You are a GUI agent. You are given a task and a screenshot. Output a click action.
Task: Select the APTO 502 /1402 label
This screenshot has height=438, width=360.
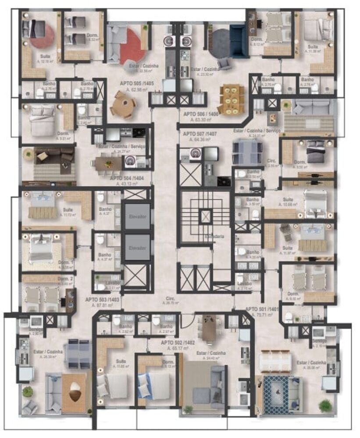tap(178, 343)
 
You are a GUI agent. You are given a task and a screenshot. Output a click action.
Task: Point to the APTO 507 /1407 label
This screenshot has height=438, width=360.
tap(197, 134)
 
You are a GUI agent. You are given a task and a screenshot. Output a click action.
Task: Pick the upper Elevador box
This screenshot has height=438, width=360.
tap(137, 216)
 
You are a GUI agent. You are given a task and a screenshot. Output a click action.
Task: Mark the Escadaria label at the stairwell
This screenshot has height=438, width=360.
tap(214, 237)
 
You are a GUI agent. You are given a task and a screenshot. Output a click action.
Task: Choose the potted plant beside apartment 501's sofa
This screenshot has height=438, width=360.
tap(325, 405)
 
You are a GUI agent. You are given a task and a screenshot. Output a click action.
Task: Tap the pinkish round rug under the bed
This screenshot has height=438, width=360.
tap(43, 36)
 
